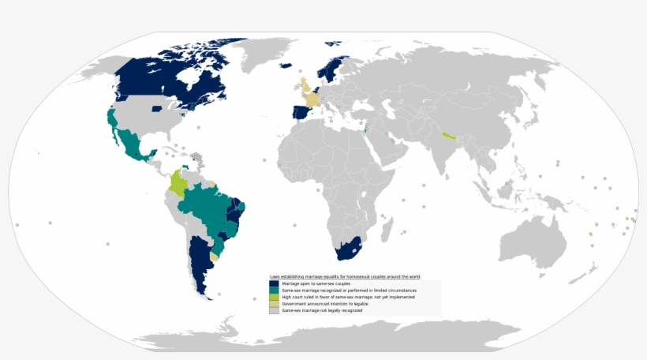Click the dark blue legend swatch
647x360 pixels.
274,283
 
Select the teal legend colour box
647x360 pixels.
274,291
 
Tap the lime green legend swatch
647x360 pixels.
274,297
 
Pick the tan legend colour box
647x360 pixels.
274,304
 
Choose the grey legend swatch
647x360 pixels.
274,310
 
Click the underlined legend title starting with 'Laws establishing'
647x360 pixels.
345,277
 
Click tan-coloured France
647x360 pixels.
313,100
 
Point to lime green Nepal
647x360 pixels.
449,136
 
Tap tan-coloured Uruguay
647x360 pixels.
215,257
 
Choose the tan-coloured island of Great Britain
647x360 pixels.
305,85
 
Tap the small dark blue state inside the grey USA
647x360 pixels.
156,108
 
